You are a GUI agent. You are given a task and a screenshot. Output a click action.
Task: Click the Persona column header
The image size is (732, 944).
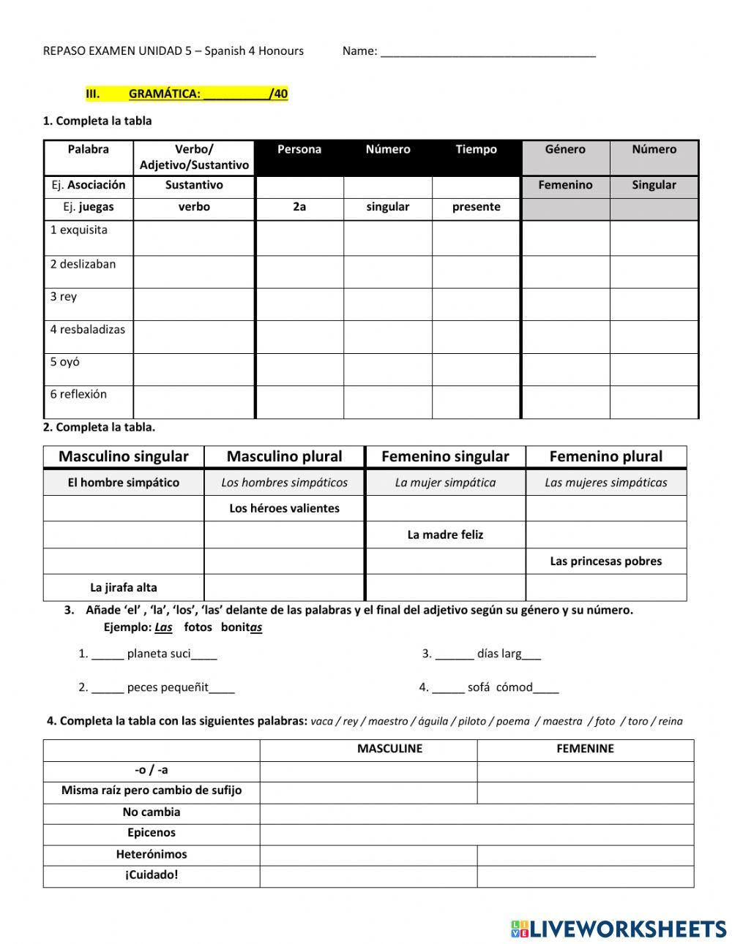[x=299, y=149]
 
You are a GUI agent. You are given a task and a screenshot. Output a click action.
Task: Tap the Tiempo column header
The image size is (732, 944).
[x=476, y=149]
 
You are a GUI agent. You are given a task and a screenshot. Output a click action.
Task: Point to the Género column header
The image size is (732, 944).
[x=565, y=149]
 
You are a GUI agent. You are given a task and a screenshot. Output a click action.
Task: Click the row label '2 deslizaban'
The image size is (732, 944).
[x=83, y=264]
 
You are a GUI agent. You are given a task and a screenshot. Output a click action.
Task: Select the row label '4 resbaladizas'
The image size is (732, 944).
[x=87, y=329]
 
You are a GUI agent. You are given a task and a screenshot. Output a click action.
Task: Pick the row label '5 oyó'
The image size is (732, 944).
[x=65, y=362]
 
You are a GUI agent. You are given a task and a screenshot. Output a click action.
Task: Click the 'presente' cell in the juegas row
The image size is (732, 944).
[x=476, y=207]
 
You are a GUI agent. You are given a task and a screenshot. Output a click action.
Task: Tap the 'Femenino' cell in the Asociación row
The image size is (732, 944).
[x=565, y=185]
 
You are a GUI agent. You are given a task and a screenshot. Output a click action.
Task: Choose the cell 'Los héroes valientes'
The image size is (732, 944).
[x=284, y=508]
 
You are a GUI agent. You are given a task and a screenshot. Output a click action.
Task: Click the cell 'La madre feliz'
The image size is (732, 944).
[x=445, y=535]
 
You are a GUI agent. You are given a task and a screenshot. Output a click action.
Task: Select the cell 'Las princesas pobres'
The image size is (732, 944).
[x=605, y=561]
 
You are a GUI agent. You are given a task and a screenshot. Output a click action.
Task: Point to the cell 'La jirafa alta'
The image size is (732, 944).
[x=123, y=587]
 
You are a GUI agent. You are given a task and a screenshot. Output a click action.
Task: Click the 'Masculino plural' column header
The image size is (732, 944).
[x=284, y=456]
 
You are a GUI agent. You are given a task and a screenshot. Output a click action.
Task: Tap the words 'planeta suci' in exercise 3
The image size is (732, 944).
[x=159, y=654]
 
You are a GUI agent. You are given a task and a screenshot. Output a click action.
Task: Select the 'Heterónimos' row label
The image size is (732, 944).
[x=152, y=854]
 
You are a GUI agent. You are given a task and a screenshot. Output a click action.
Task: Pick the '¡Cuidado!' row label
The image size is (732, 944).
[x=152, y=875]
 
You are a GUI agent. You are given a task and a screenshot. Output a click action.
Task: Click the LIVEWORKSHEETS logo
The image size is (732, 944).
[x=618, y=929]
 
